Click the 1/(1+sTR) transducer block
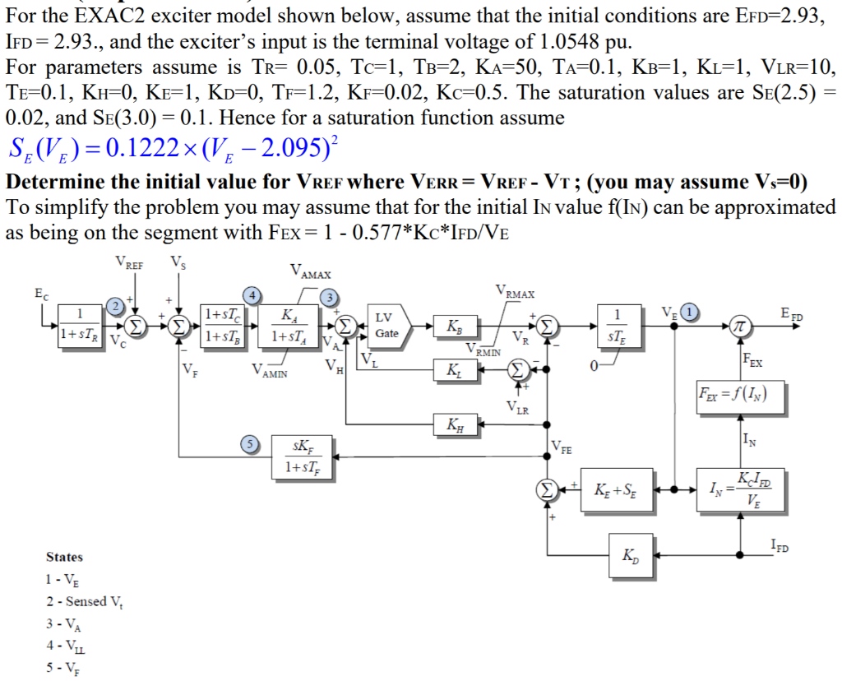[80, 326]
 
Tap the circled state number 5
[246, 443]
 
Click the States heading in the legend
[64, 557]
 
